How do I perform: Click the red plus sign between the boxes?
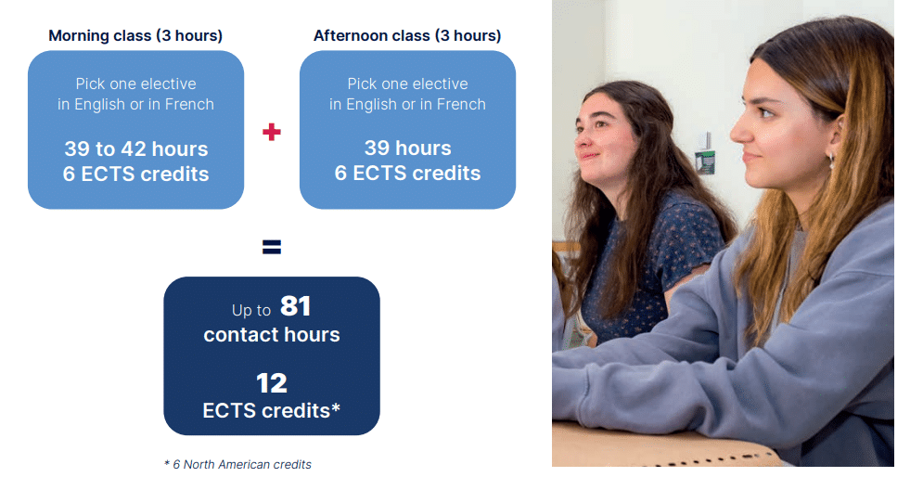272,132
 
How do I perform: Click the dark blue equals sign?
272,247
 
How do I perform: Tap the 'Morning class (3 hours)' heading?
135,36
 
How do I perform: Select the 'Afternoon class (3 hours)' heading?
407,36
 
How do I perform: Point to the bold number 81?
295,306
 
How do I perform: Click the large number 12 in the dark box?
272,383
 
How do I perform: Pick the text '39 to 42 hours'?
136,149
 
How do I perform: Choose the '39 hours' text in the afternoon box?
407,148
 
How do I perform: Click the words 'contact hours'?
272,334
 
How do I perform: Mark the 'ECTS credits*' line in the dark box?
272,410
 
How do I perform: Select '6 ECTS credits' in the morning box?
136,174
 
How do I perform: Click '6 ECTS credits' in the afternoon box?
407,174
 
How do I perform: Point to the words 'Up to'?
251,310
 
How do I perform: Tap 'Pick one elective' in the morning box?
136,84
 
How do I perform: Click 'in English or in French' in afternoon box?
407,104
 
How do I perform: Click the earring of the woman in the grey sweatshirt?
831,159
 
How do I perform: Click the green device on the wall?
705,162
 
